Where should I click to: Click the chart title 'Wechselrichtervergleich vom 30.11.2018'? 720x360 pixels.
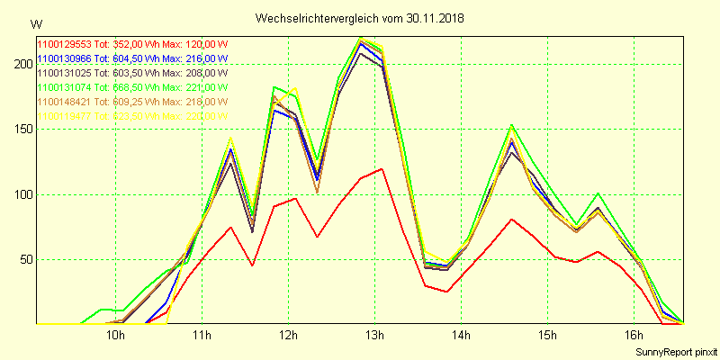[x=359, y=18]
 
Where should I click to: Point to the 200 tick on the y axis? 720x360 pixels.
[x=18, y=64]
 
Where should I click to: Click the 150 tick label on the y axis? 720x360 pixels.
[x=18, y=129]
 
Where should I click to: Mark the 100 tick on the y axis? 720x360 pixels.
[x=18, y=194]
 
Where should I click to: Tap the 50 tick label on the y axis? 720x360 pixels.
[x=21, y=259]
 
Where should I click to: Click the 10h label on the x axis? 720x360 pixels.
[x=115, y=336]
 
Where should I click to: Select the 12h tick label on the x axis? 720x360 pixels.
[x=288, y=336]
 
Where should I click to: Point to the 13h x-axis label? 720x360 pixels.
[x=374, y=336]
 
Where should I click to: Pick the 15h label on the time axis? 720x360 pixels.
[x=547, y=336]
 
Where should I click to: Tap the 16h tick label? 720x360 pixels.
[x=634, y=336]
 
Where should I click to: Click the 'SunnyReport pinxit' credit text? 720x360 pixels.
[x=676, y=351]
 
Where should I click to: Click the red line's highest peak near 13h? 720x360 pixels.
[x=382, y=168]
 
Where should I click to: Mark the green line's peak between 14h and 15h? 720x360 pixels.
[x=511, y=125]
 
